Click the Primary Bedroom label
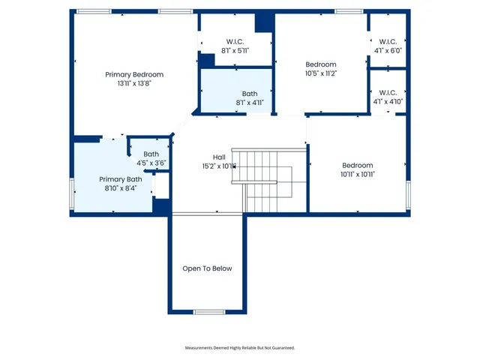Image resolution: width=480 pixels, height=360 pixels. point(134,74)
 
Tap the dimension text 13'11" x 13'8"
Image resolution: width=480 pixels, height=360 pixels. point(134,83)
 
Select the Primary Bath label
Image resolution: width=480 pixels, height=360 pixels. point(121,179)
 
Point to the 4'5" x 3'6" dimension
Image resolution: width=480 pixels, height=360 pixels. point(151,163)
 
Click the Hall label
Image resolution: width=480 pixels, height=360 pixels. point(219,157)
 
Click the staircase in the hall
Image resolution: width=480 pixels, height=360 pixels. point(262,180)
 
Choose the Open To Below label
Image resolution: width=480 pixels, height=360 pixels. point(208,268)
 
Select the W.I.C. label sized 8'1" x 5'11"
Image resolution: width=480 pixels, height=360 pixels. point(235,41)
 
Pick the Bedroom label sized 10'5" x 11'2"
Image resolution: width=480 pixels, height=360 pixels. point(321,64)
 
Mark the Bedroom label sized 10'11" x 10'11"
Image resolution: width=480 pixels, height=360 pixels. point(358,165)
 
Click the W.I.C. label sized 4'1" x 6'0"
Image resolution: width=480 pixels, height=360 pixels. point(388,41)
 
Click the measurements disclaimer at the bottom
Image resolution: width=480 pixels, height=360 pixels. point(240,348)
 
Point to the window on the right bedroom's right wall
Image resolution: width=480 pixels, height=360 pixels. point(409,196)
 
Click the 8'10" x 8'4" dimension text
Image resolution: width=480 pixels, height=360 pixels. point(121,188)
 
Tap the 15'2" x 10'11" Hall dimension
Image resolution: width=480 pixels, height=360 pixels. point(219,166)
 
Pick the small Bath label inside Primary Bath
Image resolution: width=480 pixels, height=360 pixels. point(151,154)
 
